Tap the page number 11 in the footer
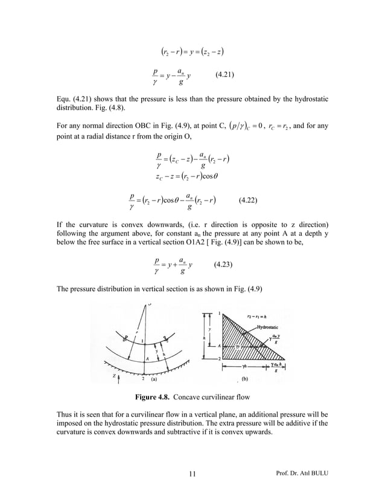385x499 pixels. click(192, 473)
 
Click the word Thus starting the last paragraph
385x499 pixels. click(57, 415)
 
